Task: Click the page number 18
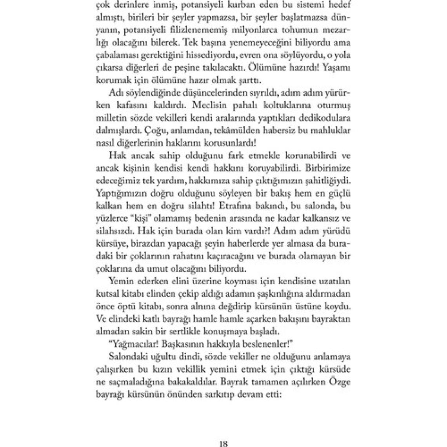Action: pyautogui.click(x=223, y=443)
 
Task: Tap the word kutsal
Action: pyautogui.click(x=107, y=294)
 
